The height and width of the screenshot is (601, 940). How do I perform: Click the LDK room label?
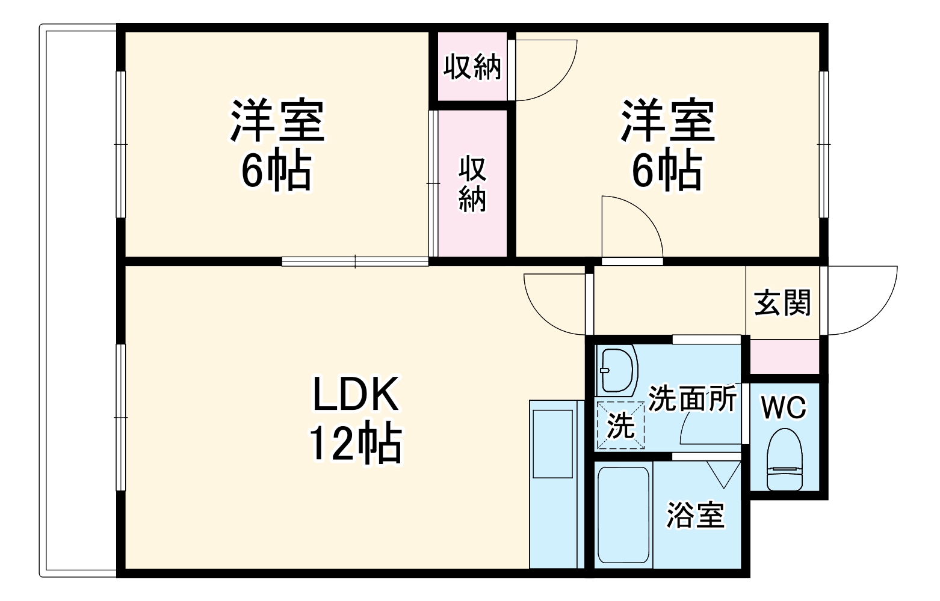[x=355, y=394]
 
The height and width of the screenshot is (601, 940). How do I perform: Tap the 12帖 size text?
[x=355, y=443]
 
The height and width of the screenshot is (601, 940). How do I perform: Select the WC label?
[x=784, y=409]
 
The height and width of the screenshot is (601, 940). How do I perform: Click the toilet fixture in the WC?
[x=785, y=459]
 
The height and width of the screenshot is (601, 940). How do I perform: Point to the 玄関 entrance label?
[x=782, y=302]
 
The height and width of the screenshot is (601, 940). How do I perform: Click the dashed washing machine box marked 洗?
[x=620, y=426]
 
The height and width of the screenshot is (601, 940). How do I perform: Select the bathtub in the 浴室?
[x=623, y=514]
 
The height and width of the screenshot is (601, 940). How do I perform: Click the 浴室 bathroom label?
[x=695, y=515]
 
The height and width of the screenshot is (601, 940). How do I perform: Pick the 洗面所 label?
[x=692, y=398]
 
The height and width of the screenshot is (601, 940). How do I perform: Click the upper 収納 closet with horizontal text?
[x=472, y=66]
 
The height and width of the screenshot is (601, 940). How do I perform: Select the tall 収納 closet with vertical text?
[x=472, y=183]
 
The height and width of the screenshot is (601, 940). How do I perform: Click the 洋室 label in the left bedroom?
[x=277, y=120]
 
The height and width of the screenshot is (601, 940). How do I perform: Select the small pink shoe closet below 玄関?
[x=784, y=356]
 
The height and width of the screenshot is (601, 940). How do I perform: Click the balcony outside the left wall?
[x=78, y=300]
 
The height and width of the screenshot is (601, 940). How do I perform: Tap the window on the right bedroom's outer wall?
[x=824, y=144]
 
